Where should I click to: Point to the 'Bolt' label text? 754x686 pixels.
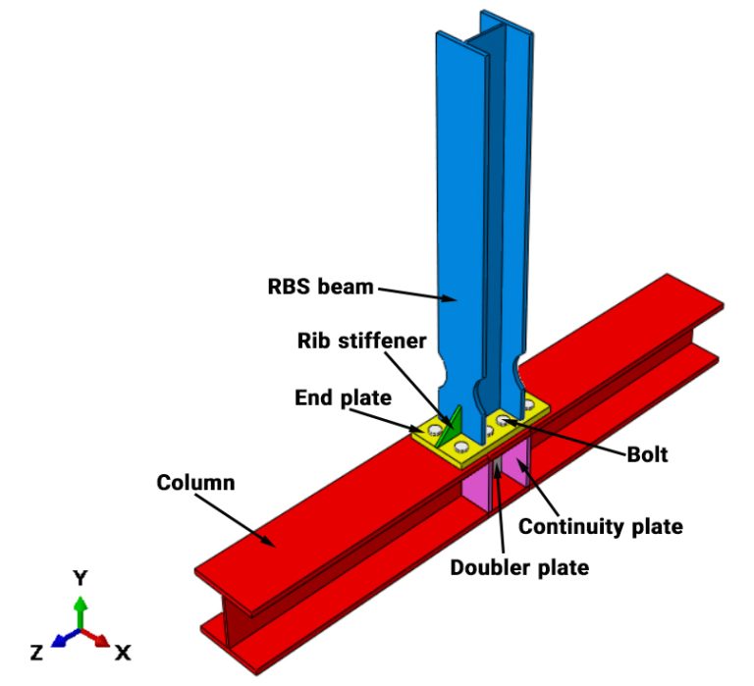point(647,454)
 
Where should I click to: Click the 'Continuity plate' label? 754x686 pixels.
point(600,526)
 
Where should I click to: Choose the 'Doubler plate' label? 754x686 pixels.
point(519,567)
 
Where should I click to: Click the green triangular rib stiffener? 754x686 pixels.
point(450,428)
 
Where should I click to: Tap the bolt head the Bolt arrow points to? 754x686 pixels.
point(504,421)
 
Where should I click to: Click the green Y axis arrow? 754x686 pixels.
point(81,610)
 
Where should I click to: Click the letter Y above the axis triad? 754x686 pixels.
point(81,578)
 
